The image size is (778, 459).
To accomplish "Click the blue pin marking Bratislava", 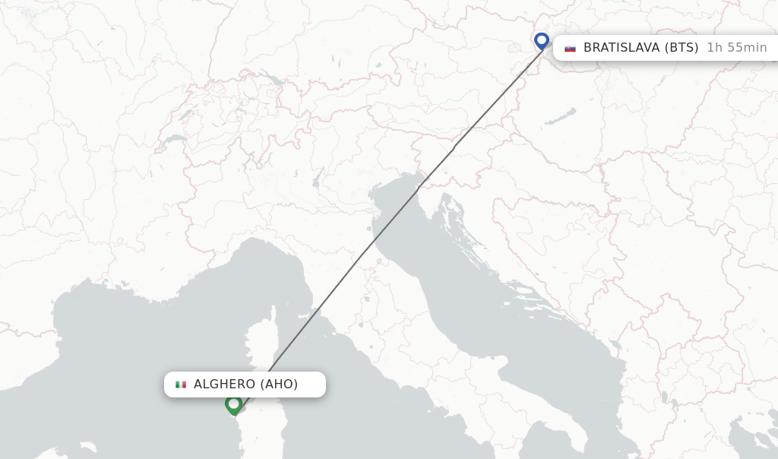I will pyautogui.click(x=541, y=40).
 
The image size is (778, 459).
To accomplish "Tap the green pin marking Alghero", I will pyautogui.click(x=233, y=404).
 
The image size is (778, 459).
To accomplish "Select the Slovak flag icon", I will pyautogui.click(x=570, y=48).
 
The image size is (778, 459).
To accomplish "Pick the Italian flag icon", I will pyautogui.click(x=181, y=385).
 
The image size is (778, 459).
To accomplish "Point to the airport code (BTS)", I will pyautogui.click(x=682, y=47).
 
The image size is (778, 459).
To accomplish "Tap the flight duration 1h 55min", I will pyautogui.click(x=736, y=47).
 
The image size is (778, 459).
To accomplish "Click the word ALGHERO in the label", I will pyautogui.click(x=225, y=385).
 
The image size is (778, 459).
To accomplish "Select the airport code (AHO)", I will pyautogui.click(x=279, y=385).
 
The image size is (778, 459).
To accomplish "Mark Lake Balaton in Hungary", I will pyautogui.click(x=561, y=119).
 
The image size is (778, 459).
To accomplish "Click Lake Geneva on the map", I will pyautogui.click(x=174, y=141).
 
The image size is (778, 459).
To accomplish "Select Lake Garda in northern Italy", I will pyautogui.click(x=318, y=179).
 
